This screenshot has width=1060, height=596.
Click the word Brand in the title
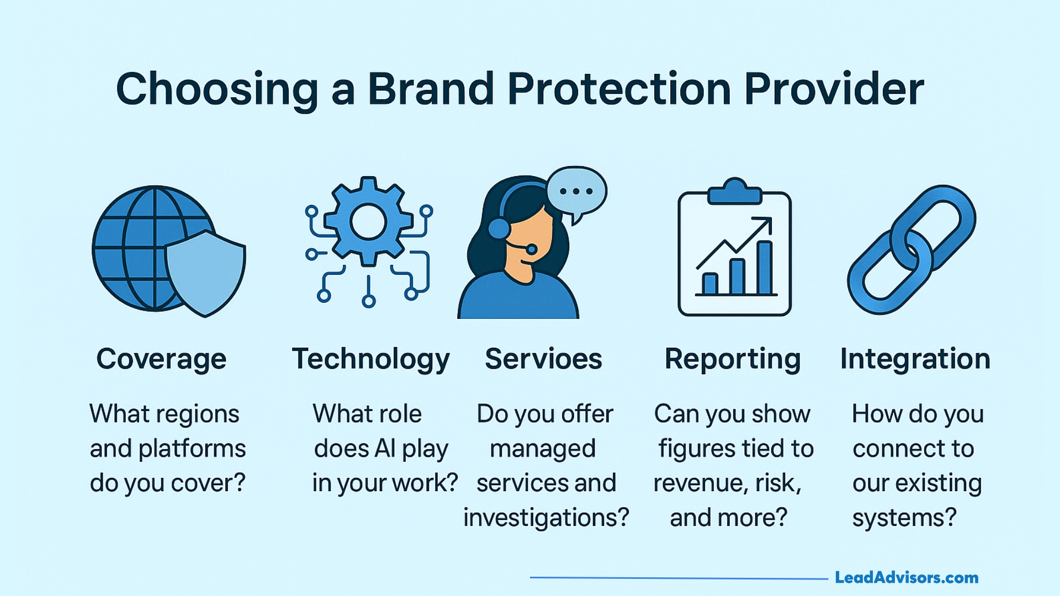pos(430,89)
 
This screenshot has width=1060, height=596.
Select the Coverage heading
pos(161,359)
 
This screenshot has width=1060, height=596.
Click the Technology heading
pos(370,359)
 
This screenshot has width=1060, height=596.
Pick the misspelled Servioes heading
pos(543,359)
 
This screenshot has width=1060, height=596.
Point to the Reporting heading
pos(733,359)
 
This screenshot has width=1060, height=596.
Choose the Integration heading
pos(915,359)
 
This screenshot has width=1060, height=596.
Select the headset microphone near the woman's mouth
pos(531,249)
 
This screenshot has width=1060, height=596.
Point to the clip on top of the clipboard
pos(734,193)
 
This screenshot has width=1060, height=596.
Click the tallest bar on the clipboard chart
pos(765,268)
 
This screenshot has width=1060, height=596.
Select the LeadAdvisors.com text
pos(906,578)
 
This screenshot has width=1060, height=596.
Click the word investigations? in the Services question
pos(546,518)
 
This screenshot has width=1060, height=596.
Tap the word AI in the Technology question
pos(384,449)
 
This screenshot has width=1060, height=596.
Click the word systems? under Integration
pos(904,518)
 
